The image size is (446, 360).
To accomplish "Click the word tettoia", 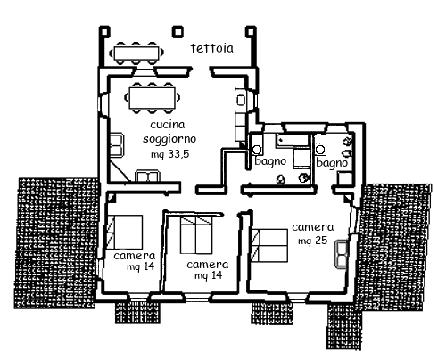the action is [212, 48].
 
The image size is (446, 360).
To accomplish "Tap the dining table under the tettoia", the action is [136, 53].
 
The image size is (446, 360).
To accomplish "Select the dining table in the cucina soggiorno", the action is [152, 98].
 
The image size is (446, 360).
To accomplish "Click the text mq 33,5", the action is [170, 154].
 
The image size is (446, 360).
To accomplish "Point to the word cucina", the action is [168, 125].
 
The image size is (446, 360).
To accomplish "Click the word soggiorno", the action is [169, 139].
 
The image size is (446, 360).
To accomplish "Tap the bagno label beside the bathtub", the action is [270, 161].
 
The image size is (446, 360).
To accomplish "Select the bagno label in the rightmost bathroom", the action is [332, 162].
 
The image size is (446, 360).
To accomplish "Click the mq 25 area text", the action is [313, 241].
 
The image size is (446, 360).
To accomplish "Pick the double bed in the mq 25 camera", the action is [269, 245].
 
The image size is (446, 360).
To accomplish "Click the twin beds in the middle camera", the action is [196, 235].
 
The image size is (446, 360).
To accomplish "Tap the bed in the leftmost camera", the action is [125, 232].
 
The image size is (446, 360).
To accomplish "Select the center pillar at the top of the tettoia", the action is [178, 31].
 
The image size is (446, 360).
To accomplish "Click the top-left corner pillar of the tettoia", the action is [104, 31].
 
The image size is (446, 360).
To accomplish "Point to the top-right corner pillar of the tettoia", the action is [251, 31].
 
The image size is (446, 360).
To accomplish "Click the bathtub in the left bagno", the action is [293, 140].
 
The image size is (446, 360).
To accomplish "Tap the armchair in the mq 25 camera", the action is [341, 254].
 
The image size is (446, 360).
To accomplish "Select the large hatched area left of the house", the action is [56, 243].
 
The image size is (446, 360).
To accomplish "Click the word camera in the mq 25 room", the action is [313, 227].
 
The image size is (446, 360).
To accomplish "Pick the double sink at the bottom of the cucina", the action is [147, 176].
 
